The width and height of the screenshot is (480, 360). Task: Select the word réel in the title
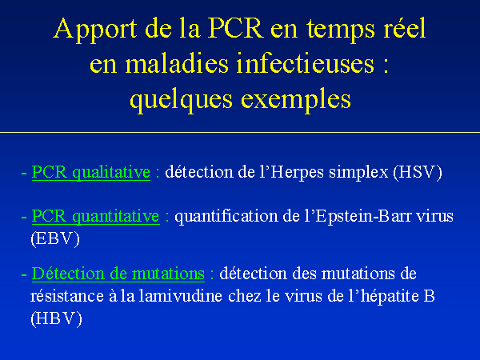click(406, 28)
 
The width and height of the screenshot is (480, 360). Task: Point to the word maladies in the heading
click(177, 63)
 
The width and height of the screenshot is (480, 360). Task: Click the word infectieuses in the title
click(306, 63)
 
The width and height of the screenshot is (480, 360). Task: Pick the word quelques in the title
click(182, 100)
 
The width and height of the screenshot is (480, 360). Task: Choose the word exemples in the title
click(296, 100)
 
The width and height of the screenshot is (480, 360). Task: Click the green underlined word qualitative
click(111, 173)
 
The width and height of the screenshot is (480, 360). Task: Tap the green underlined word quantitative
click(116, 217)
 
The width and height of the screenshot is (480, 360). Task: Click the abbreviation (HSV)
click(418, 172)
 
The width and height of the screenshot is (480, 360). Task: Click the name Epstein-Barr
click(363, 217)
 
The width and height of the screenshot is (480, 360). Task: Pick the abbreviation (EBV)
click(55, 238)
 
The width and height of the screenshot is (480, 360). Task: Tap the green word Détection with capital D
click(68, 274)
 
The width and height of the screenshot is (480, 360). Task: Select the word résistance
click(66, 296)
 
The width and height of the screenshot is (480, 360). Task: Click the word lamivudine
click(180, 296)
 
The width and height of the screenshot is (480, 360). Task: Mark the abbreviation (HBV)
click(56, 319)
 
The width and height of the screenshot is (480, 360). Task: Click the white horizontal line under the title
click(240, 133)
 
